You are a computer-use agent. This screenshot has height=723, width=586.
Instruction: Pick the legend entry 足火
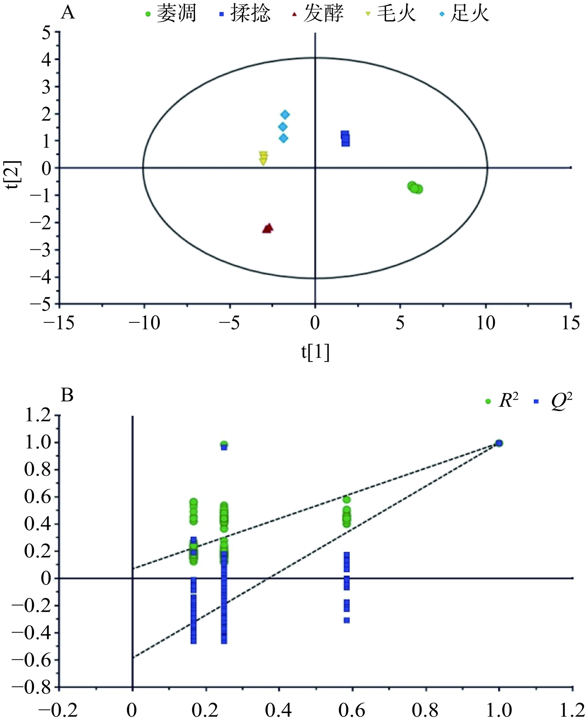point(464,14)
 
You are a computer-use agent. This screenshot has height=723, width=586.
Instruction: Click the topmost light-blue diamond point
point(285,115)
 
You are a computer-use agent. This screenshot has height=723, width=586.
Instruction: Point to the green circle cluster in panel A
point(415,188)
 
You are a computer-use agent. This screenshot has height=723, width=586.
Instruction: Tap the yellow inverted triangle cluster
point(263,158)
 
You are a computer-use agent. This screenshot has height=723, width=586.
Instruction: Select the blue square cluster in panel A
point(345,138)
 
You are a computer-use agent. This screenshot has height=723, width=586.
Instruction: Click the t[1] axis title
point(315,353)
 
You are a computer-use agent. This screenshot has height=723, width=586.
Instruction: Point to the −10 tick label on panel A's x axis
point(144,323)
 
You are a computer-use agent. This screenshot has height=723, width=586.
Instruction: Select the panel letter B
point(67,395)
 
